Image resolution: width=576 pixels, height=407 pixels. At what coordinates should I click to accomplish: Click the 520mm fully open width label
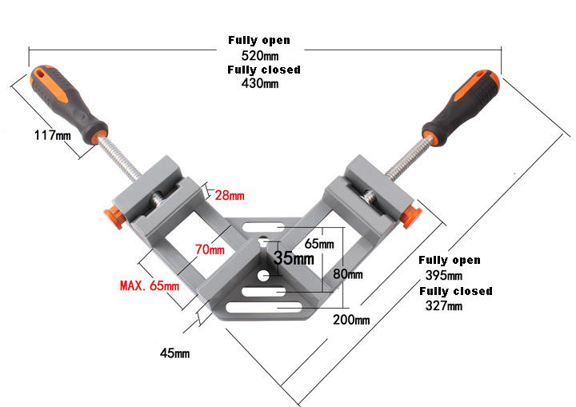[x=259, y=55]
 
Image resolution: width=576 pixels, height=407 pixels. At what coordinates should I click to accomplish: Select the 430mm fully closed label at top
[x=259, y=83]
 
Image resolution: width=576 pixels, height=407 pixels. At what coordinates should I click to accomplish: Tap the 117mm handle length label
[x=52, y=135]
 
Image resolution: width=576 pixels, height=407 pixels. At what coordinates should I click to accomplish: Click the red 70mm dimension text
[x=210, y=249]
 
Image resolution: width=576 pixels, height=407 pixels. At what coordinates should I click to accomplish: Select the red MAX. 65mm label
[x=150, y=285]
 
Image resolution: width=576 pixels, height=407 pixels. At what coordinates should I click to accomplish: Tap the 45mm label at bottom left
[x=174, y=352]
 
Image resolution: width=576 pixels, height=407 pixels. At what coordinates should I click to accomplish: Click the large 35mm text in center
[x=294, y=258]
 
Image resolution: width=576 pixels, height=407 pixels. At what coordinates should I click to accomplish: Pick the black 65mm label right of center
[x=319, y=243]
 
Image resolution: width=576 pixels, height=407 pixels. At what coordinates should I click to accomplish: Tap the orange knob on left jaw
[x=110, y=215]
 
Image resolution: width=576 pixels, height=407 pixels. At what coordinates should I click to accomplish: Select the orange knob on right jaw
[x=412, y=213]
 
